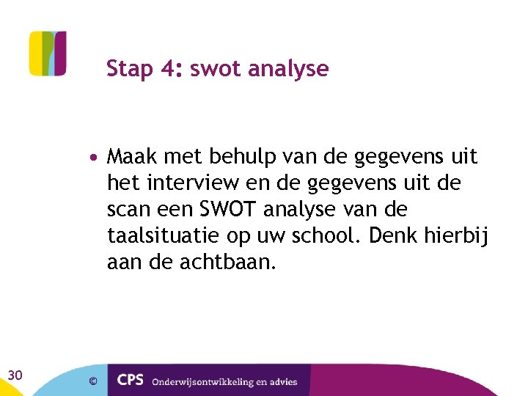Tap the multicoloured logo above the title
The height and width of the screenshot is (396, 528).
coord(48,54)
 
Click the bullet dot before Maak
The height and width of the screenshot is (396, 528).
coord(96,158)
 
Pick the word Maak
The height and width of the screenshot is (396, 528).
coord(132,157)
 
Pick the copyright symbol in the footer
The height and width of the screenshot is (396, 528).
coord(93,381)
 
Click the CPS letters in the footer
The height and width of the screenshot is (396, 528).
coord(131,381)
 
